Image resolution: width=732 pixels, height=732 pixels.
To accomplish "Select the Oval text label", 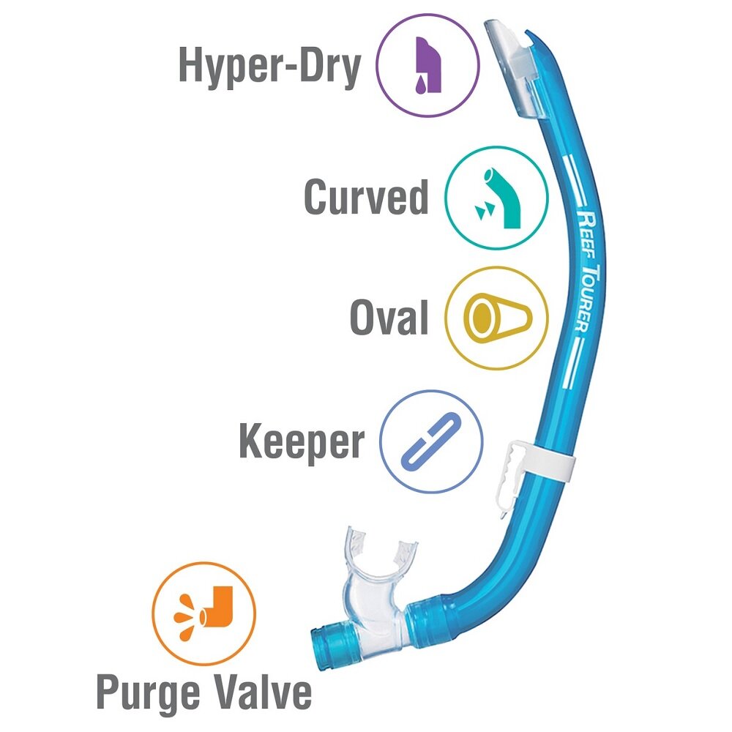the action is click(389, 318).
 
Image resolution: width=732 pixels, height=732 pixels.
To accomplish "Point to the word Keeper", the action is click(301, 442).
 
